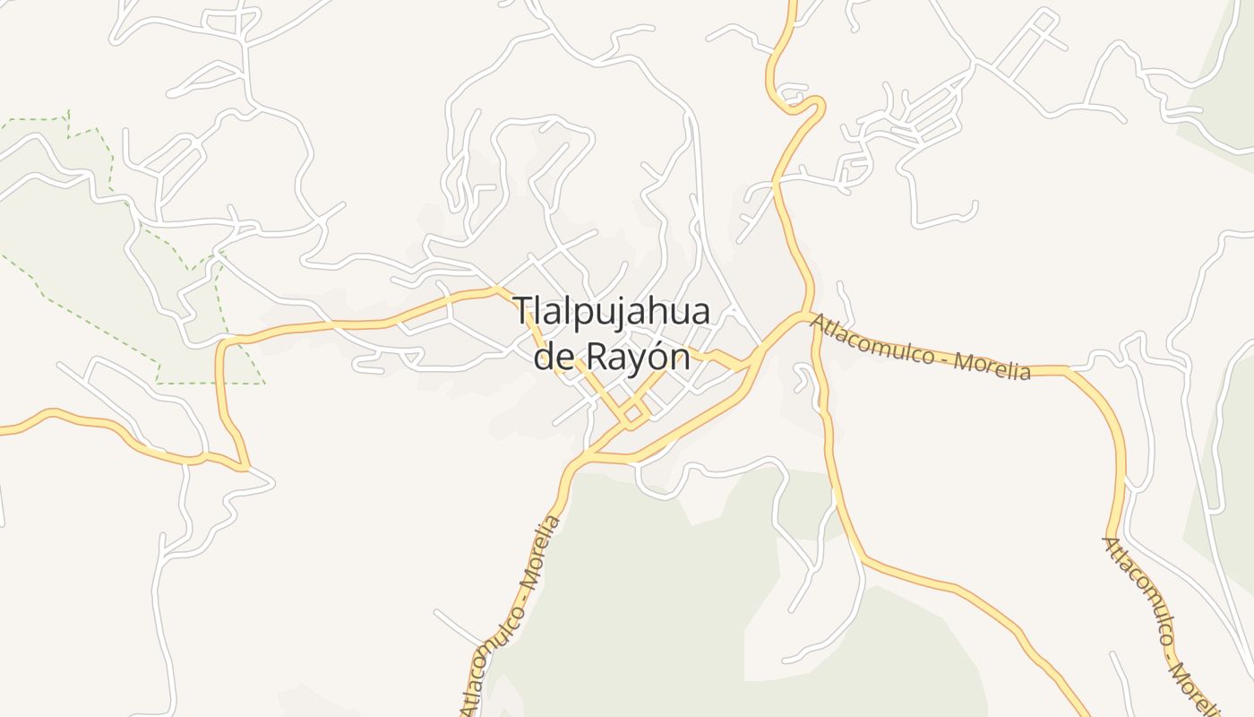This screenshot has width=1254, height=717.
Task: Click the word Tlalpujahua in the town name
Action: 613,313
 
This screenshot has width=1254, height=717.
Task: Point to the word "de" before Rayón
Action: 553,357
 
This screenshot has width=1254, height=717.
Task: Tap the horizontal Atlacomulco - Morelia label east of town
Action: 920,348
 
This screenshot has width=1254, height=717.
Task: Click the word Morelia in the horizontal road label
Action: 992,364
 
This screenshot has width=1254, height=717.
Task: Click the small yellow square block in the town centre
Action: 633,413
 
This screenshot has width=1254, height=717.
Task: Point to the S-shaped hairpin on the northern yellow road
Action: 797,101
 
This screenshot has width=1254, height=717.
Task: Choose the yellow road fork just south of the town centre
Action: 582,458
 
